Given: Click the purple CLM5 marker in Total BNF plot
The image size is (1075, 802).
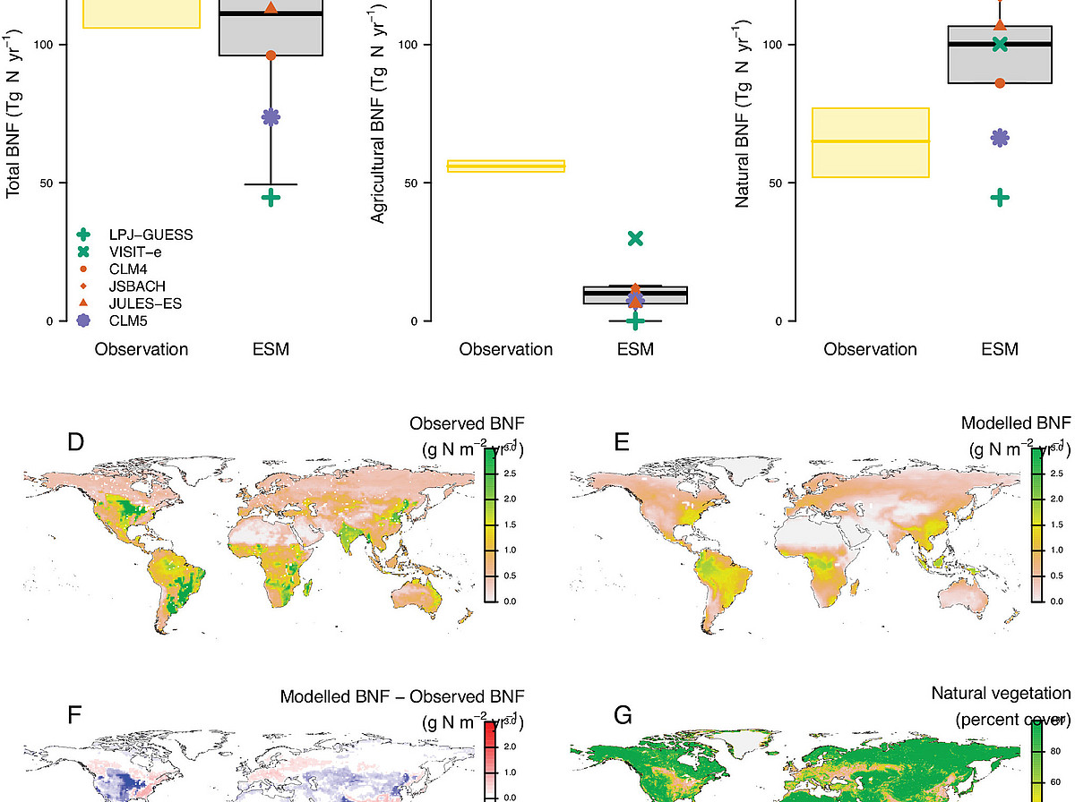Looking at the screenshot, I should coord(271,117).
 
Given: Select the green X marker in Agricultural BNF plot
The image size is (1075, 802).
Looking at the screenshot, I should coord(635,238).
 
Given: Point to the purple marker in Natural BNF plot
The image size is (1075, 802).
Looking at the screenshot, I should coord(1000,137).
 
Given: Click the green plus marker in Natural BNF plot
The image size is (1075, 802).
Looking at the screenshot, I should coord(1000,198).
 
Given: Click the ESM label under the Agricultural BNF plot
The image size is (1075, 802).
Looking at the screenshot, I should coord(635,349).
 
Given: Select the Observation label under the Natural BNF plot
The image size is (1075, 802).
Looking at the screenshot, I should coord(871,349).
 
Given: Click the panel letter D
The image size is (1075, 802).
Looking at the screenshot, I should coord(75,441).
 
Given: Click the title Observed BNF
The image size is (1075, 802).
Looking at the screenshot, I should coord(466,422).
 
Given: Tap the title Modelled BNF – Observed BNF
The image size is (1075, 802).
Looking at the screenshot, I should coord(402,696).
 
